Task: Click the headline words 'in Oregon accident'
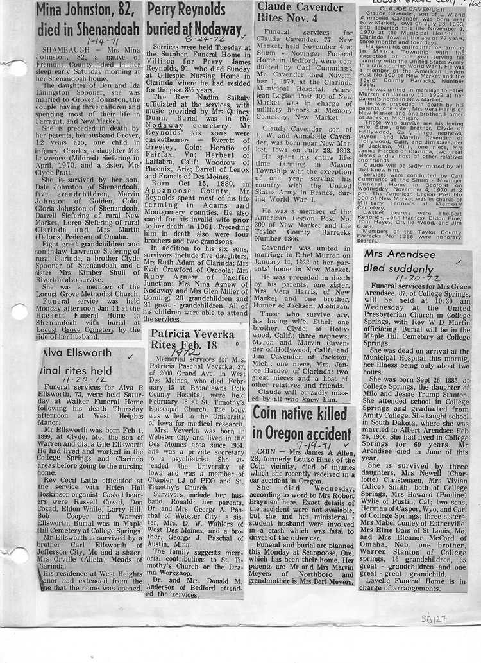tap(301, 433)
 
